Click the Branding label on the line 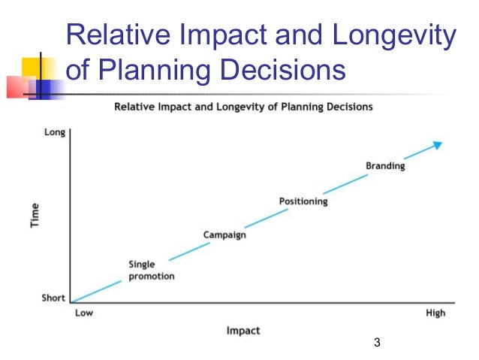[384, 166]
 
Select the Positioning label [303, 201]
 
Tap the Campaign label [224, 235]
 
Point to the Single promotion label [151, 270]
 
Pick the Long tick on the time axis [55, 132]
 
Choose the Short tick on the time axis [53, 298]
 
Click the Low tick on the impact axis [83, 313]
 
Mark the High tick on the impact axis [435, 313]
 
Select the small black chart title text [243, 107]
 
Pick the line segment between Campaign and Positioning [263, 219]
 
